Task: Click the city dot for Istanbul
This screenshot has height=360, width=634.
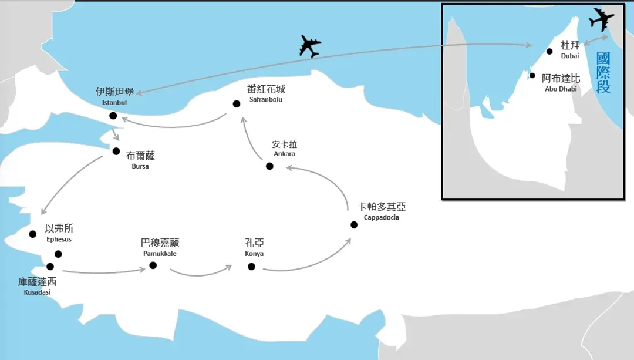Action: click(113, 116)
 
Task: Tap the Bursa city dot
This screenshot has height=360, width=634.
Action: click(116, 152)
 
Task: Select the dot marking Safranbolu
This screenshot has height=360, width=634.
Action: click(237, 104)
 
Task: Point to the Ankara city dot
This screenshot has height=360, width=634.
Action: click(269, 166)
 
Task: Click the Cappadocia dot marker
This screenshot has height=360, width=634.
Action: click(354, 225)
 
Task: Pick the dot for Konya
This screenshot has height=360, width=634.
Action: click(251, 267)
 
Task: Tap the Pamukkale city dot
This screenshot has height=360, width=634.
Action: click(153, 265)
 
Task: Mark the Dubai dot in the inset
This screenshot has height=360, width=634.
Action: click(549, 51)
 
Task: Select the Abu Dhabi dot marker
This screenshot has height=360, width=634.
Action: click(532, 76)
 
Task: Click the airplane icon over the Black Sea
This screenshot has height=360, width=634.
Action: click(310, 46)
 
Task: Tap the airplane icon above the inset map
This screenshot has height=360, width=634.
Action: click(601, 19)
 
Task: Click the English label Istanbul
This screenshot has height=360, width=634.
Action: click(114, 103)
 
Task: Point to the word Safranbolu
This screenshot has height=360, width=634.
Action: click(266, 99)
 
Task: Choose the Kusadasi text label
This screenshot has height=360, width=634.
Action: click(37, 292)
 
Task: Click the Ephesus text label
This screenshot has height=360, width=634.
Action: click(59, 239)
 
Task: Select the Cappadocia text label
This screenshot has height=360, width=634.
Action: click(382, 217)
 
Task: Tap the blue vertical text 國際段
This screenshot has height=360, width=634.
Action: click(603, 73)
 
